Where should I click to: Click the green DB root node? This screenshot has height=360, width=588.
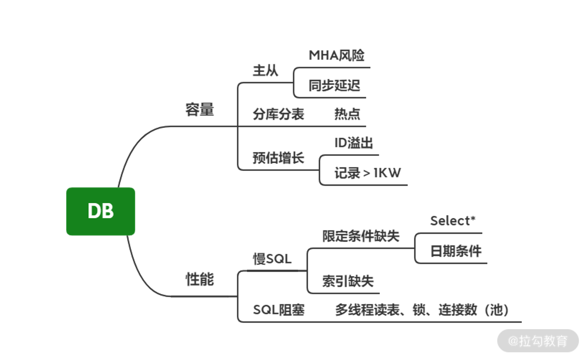click(x=101, y=211)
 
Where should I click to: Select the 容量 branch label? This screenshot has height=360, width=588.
click(x=200, y=109)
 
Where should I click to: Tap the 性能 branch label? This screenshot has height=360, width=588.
click(x=200, y=279)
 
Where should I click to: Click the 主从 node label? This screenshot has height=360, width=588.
click(x=265, y=71)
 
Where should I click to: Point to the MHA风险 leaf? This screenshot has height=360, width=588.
click(x=337, y=55)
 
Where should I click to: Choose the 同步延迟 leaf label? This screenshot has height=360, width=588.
click(x=334, y=86)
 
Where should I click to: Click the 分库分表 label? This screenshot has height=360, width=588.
click(x=278, y=114)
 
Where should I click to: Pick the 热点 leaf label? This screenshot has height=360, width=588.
click(x=347, y=114)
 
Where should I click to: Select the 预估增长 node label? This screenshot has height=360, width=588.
click(x=278, y=158)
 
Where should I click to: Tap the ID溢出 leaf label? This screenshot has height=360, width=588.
click(x=353, y=143)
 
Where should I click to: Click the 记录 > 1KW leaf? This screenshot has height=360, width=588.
click(x=367, y=173)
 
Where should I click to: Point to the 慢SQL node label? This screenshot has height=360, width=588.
click(x=272, y=259)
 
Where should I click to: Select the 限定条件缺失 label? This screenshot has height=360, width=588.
click(x=361, y=236)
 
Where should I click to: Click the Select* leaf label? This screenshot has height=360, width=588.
click(x=453, y=221)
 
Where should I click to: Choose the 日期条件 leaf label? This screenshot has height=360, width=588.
click(x=456, y=251)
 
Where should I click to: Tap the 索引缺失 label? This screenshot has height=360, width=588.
click(x=348, y=281)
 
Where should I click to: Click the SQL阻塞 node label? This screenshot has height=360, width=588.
click(x=279, y=310)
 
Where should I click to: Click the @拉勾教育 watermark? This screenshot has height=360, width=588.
click(x=538, y=341)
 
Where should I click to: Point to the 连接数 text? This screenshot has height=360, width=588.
click(x=458, y=310)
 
